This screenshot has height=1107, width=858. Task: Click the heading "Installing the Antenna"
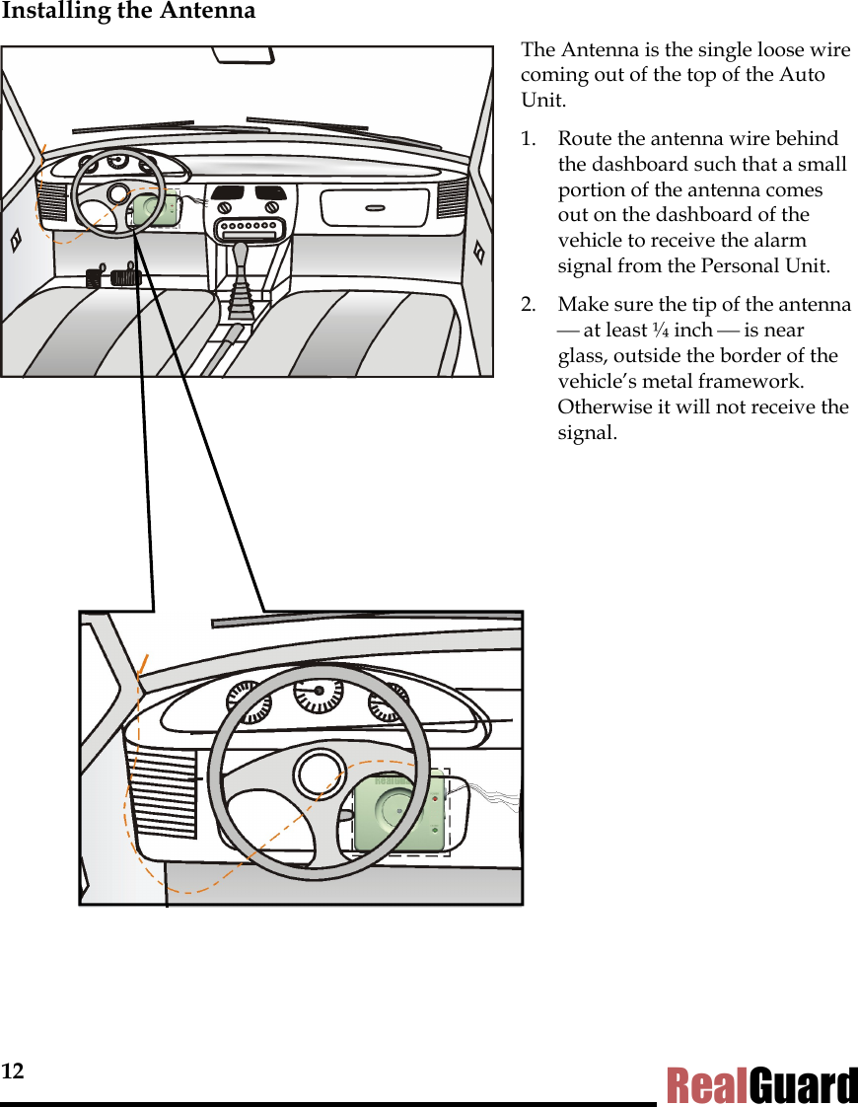point(128,12)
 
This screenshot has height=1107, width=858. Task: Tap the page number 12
point(12,1071)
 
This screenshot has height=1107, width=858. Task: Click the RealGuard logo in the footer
point(761,1085)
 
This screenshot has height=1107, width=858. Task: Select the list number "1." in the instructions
point(533,139)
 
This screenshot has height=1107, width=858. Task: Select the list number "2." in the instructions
point(533,305)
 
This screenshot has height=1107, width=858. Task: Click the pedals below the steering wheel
point(113,276)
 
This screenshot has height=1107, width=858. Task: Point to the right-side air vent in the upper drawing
point(453,198)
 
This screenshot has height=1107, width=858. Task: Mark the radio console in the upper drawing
point(249,229)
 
